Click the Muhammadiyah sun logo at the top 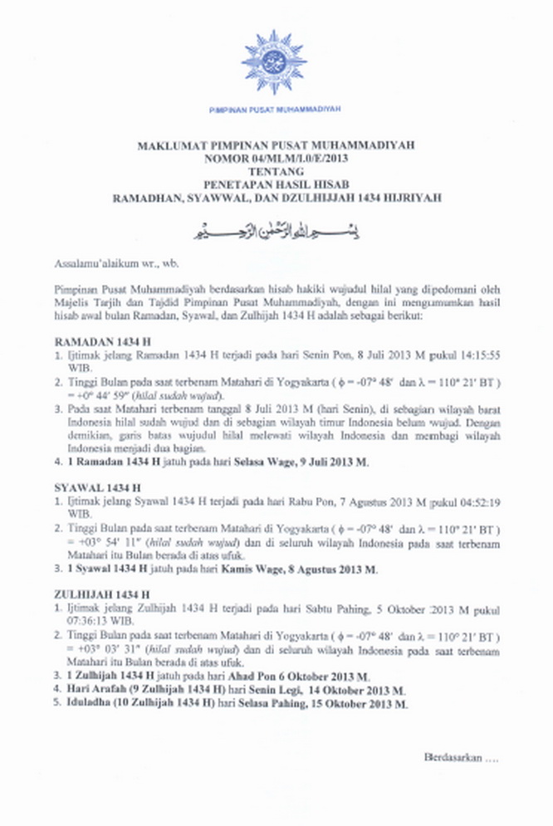274,61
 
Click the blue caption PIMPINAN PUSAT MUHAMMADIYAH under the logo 275,109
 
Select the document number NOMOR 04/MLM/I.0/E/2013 276,157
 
